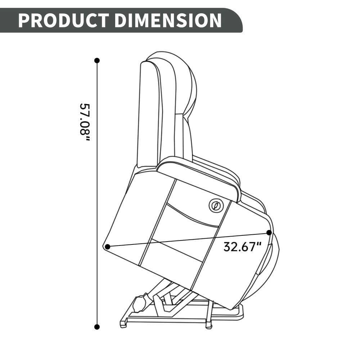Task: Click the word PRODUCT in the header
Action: tap(63, 20)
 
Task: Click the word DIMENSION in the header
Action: tap(168, 20)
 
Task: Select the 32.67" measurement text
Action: tap(243, 247)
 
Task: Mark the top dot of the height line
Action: tap(97, 60)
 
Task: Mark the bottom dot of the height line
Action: tap(97, 327)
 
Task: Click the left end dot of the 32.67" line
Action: tap(107, 247)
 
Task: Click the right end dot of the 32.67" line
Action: tap(269, 233)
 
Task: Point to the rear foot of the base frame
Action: tap(123, 324)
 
